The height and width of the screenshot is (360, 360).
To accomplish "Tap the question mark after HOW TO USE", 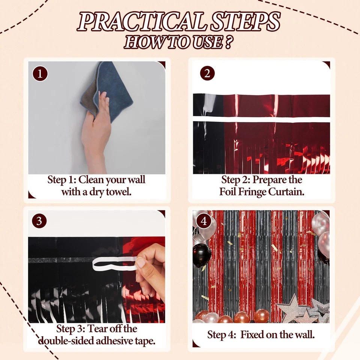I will point(228,42).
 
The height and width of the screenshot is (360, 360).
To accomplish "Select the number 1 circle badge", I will point(40,73).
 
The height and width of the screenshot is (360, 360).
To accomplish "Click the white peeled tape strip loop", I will point(112,262).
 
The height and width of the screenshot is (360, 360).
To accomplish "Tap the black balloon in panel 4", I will point(202,255).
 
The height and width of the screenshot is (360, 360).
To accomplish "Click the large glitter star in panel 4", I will point(291,309).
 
